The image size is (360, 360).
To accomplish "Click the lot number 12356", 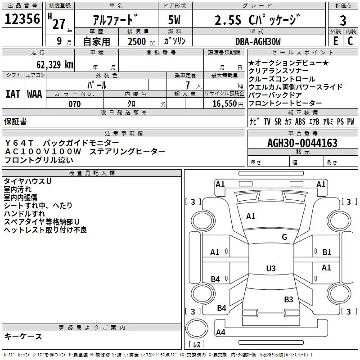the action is (x=22, y=19).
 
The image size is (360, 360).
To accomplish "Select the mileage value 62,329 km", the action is (x=55, y=64).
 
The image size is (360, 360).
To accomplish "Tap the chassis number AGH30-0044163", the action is (x=302, y=143).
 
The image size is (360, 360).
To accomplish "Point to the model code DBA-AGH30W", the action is (x=258, y=41).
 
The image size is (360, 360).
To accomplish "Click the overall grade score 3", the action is (x=343, y=21).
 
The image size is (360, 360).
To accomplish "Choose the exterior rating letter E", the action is (x=335, y=41).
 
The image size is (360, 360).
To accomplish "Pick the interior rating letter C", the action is (x=350, y=41).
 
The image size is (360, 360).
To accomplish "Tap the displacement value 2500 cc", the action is (x=141, y=41).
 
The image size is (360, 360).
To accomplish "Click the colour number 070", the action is (x=75, y=104).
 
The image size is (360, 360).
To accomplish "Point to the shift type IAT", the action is (x=13, y=94).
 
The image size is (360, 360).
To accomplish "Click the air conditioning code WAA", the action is (x=35, y=94).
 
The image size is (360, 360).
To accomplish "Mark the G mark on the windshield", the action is (x=284, y=237).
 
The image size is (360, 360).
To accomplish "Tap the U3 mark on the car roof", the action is (x=271, y=268).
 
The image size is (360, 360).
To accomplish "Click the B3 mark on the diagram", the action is (x=288, y=300).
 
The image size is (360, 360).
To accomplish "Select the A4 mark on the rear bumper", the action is (x=220, y=333).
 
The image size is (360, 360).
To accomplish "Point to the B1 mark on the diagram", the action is (x=327, y=252).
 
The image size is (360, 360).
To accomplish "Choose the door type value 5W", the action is (x=174, y=20).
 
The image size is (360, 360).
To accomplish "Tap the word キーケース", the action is (x=23, y=337).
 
